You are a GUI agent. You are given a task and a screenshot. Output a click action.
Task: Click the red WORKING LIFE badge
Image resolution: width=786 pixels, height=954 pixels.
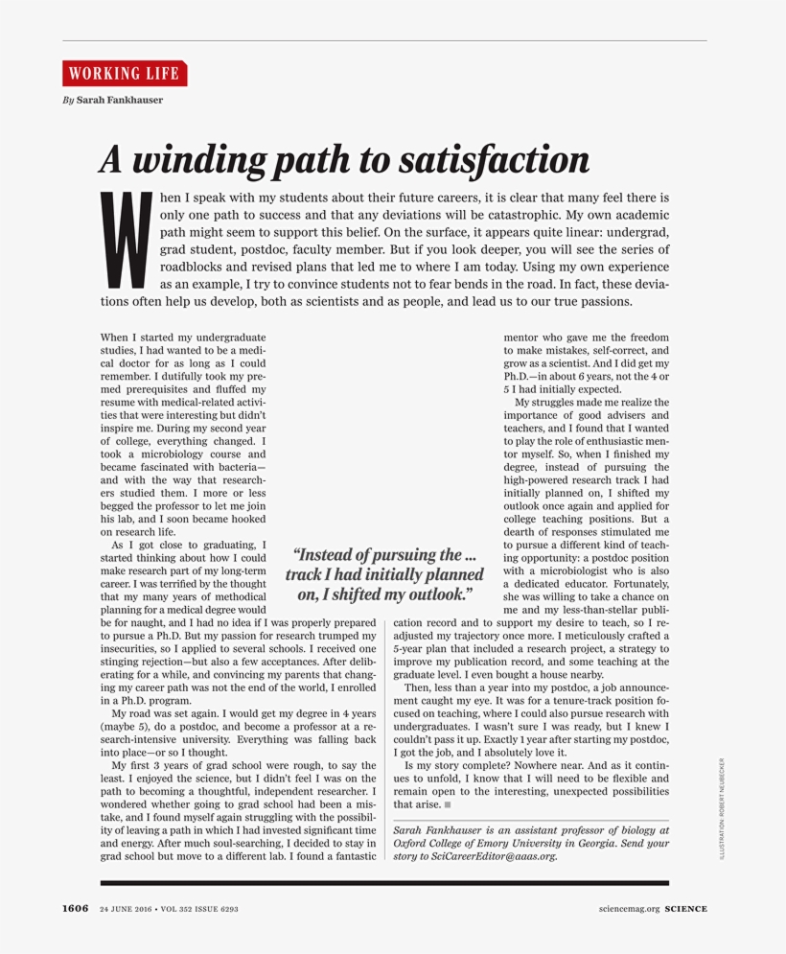coord(125,74)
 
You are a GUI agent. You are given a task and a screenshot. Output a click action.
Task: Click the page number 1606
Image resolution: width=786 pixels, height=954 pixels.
coord(76,909)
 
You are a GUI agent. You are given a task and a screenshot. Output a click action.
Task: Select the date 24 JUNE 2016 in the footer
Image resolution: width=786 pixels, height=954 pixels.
coord(127,909)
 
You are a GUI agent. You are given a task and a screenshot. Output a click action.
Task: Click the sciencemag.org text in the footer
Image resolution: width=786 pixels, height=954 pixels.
coord(629,909)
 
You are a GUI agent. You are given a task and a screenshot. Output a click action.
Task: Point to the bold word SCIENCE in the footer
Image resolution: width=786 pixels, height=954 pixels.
coord(686,909)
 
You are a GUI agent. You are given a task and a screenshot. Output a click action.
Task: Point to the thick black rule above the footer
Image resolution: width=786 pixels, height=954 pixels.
coord(383,882)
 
